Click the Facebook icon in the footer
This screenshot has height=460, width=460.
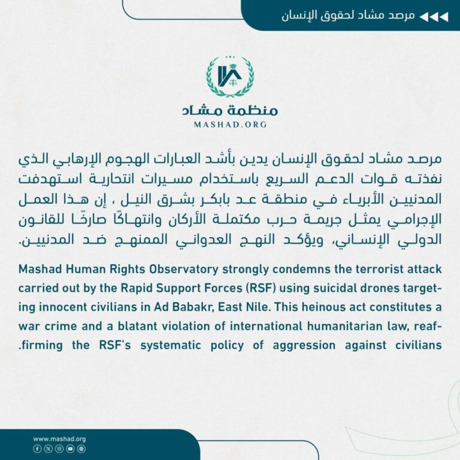pyautogui.click(x=37, y=448)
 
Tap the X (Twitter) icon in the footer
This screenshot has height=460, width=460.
pyautogui.click(x=48, y=448)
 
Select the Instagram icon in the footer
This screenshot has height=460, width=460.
pyautogui.click(x=59, y=448)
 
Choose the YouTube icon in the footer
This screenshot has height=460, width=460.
pyautogui.click(x=69, y=448)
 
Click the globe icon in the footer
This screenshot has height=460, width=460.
pyautogui.click(x=81, y=448)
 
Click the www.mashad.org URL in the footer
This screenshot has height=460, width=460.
pyautogui.click(x=59, y=438)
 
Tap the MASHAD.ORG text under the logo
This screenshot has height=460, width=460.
pyautogui.click(x=230, y=125)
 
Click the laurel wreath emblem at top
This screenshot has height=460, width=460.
pyautogui.click(x=230, y=77)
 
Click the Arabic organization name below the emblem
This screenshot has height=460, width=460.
pyautogui.click(x=230, y=110)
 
